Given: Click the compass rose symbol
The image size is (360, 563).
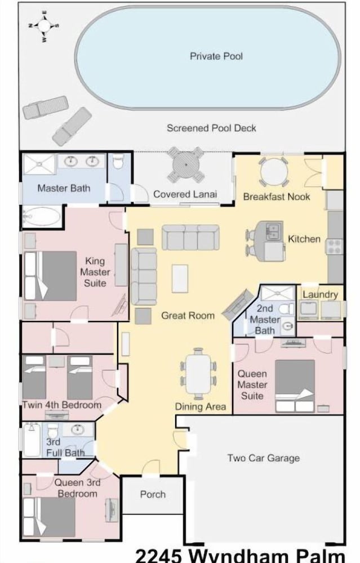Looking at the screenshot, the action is point(44,26).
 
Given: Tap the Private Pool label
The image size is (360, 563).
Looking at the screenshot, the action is point(216,56).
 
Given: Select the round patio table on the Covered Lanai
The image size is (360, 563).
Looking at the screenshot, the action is point(186,165).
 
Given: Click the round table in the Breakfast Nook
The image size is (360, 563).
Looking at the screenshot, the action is point(274,172).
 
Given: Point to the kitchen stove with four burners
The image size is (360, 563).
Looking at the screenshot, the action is point(334,247).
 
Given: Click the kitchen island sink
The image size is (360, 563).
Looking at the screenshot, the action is point(273,231).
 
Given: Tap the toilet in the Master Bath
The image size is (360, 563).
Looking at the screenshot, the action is point(118,162).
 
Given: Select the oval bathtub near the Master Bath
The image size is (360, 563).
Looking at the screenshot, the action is point(41,217).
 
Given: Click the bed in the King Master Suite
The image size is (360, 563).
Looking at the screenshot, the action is point(50,276).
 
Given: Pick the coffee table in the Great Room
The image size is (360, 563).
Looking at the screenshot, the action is point(180,278).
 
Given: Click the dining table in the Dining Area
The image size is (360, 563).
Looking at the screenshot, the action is point(198,374).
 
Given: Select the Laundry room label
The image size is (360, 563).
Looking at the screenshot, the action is point(320,294).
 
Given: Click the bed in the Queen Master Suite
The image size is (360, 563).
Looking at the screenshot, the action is point(295,386).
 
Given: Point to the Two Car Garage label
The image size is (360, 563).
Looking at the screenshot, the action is point(263,458).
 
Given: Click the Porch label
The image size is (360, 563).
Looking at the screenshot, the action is point(153,494).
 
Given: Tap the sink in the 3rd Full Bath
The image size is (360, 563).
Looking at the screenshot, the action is point(77,429).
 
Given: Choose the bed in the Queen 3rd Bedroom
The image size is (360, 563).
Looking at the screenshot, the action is point(49,517).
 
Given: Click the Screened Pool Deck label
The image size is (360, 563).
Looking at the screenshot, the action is point(211,128).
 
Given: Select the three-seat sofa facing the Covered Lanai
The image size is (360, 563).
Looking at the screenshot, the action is point(190,238).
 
